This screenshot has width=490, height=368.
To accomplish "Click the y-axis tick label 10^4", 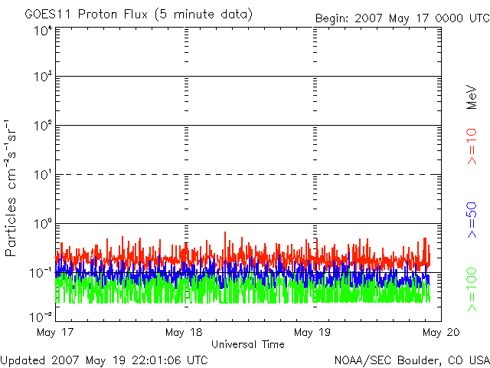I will pyautogui.click(x=43, y=31).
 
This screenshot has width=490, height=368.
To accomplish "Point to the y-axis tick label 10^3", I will pyautogui.click(x=43, y=77).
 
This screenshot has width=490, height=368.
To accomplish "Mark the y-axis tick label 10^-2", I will pyautogui.click(x=41, y=315).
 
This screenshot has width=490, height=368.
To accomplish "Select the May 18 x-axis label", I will pyautogui.click(x=184, y=332).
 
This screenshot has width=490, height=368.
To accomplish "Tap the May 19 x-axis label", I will pyautogui.click(x=312, y=332).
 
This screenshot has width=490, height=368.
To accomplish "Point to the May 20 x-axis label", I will pyautogui.click(x=436, y=332).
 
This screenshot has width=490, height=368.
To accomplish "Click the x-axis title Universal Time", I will pyautogui.click(x=247, y=345).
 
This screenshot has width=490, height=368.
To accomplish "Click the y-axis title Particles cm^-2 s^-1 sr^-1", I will pyautogui.click(x=12, y=188).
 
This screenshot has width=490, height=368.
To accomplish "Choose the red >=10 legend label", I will pyautogui.click(x=472, y=146).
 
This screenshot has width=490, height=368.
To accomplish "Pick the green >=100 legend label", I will pyautogui.click(x=472, y=287).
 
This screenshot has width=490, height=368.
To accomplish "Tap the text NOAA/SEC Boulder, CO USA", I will pyautogui.click(x=411, y=360).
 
